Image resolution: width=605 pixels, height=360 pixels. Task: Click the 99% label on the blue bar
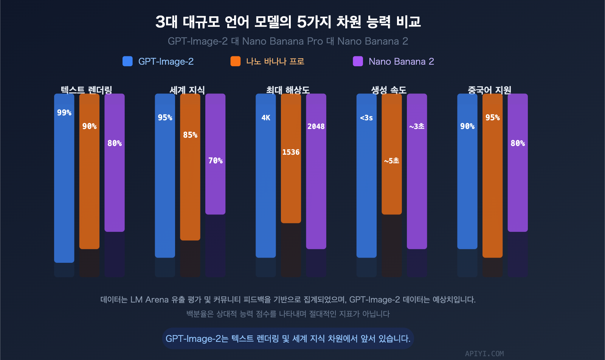tap(64, 113)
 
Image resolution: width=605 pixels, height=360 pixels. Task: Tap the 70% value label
tap(216, 161)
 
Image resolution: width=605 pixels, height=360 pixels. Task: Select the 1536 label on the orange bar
tap(291, 152)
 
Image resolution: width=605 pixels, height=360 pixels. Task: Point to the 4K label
tap(266, 118)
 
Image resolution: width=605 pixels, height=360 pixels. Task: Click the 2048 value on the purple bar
tap(316, 126)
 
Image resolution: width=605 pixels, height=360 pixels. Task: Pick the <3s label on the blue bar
tap(366, 118)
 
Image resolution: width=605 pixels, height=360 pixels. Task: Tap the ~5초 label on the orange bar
tap(392, 161)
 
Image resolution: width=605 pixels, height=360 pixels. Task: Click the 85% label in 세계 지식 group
tap(190, 135)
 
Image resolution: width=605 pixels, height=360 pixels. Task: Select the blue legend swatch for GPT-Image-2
tap(127, 61)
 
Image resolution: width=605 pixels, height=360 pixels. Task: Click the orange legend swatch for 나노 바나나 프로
tap(236, 61)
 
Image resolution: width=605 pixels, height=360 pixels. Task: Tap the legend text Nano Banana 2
tap(401, 61)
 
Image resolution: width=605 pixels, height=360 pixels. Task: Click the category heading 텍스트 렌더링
tap(87, 90)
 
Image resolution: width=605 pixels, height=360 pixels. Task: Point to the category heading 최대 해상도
tap(288, 90)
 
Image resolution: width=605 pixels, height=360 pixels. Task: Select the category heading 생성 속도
tap(389, 90)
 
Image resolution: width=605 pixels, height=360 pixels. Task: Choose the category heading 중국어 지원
tap(489, 90)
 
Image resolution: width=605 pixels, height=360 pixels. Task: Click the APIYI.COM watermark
tap(484, 354)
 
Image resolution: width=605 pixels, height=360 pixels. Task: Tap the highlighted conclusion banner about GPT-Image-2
tap(288, 338)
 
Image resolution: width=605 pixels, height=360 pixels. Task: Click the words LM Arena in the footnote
tap(149, 299)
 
